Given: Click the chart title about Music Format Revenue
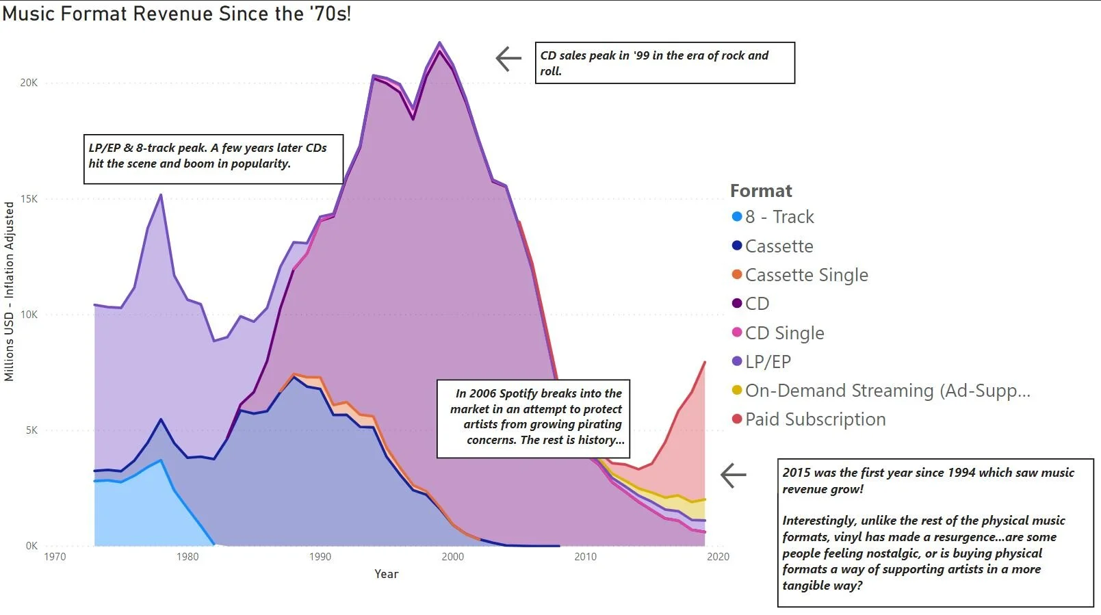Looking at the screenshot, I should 177,14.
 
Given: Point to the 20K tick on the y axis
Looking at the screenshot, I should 29,83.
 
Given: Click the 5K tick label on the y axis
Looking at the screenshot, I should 31,430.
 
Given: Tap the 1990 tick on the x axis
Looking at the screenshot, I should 320,557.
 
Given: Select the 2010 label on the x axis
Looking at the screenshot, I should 585,557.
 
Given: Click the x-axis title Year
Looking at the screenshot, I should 386,574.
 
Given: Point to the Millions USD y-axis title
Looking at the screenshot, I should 9,291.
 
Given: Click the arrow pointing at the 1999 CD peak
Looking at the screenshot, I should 508,59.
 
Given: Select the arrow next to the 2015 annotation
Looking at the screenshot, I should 733,475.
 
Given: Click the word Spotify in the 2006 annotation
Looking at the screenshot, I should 519,393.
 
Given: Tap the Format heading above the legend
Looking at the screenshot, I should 760,191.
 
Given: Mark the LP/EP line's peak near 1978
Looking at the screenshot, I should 161,195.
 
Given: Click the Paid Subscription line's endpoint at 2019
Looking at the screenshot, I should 705,362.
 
